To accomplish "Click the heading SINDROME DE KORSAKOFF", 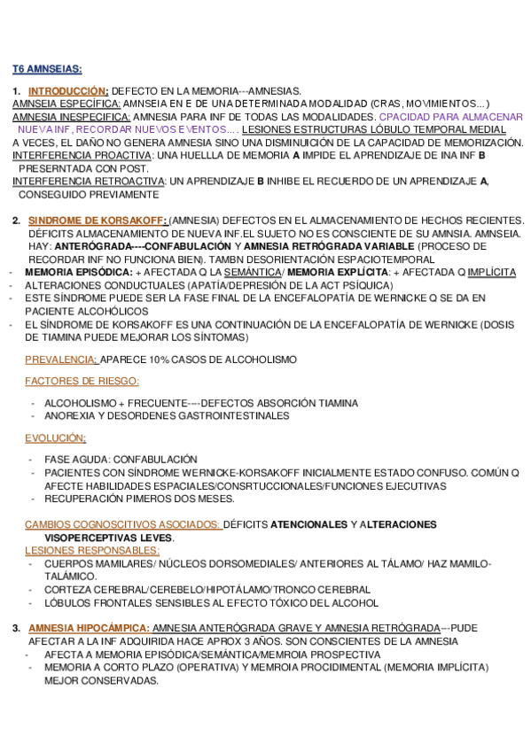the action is pyautogui.click(x=98, y=220).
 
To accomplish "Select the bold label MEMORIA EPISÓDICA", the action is pyautogui.click(x=78, y=272).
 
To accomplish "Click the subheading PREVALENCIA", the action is pyautogui.click(x=61, y=359).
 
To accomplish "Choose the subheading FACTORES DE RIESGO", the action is pyautogui.click(x=82, y=381).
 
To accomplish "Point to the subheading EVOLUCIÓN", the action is pyautogui.click(x=55, y=437).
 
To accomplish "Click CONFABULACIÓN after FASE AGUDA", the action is pyautogui.click(x=158, y=460).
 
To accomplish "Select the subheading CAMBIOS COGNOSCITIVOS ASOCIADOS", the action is pyautogui.click(x=122, y=524).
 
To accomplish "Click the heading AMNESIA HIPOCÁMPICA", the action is pyautogui.click(x=89, y=628).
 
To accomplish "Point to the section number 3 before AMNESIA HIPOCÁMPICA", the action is pyautogui.click(x=16, y=628).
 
